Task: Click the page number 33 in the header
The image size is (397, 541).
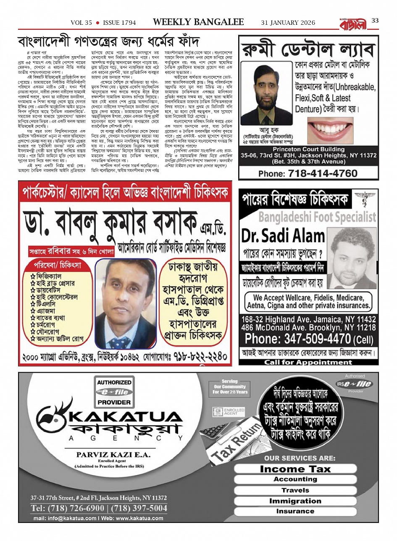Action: [375, 21]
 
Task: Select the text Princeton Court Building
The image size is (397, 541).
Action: [308, 149]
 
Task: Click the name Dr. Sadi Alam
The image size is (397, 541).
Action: [283, 236]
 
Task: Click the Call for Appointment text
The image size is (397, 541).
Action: [308, 362]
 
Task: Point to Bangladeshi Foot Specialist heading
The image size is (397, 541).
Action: [317, 217]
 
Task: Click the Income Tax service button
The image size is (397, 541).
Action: [295, 469]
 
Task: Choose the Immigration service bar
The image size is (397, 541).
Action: [295, 501]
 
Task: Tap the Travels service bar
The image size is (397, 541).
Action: [295, 490]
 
